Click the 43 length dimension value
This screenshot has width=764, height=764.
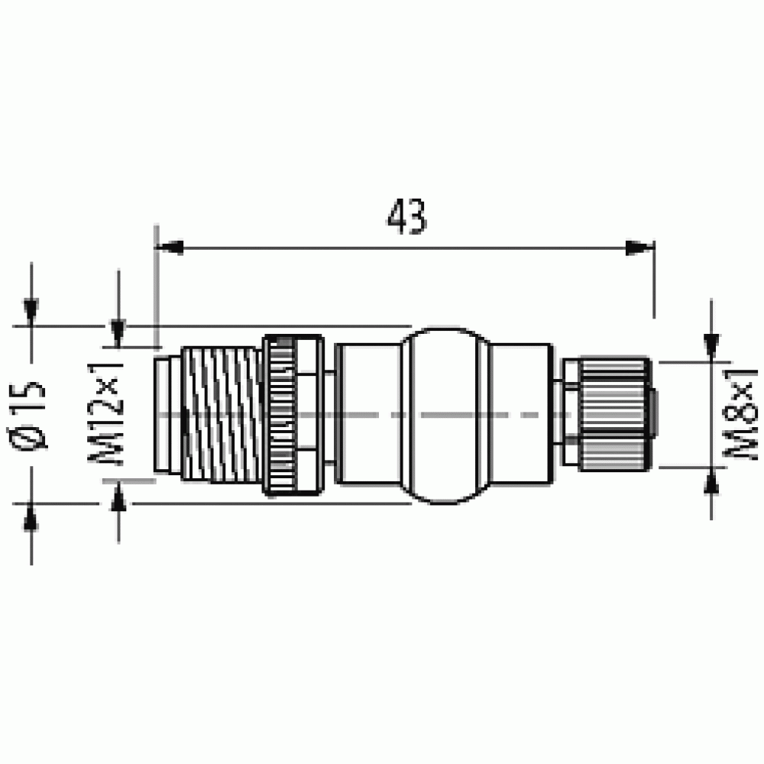tap(407, 216)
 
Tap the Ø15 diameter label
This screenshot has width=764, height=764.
tap(28, 415)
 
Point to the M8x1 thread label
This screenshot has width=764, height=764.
tap(740, 413)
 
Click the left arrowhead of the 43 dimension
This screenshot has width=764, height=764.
tap(169, 248)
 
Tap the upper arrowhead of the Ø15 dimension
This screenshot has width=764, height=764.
tap(31, 312)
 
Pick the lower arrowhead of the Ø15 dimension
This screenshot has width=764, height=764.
tap(31, 516)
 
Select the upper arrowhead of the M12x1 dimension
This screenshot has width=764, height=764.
tap(118, 333)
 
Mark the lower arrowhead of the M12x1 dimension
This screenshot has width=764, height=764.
tap(118, 495)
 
